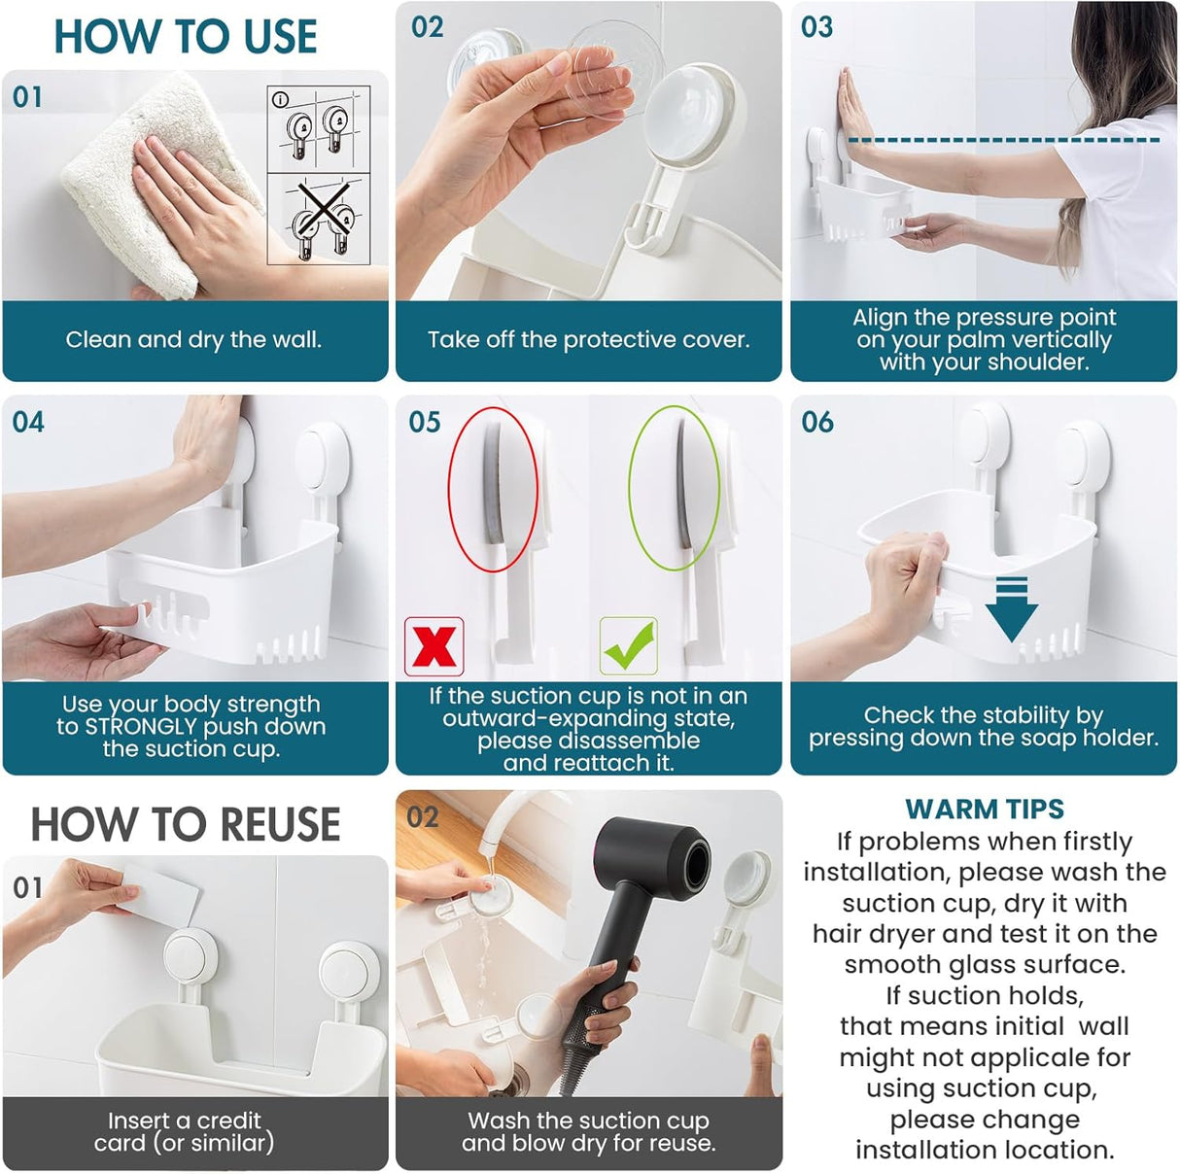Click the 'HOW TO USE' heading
pyautogui.click(x=185, y=37)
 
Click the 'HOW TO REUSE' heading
pyautogui.click(x=185, y=824)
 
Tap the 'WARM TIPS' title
pyautogui.click(x=984, y=809)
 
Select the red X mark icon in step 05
pyautogui.click(x=434, y=646)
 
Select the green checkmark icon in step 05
pyautogui.click(x=629, y=646)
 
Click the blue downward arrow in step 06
pyautogui.click(x=1011, y=608)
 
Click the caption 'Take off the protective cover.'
pyautogui.click(x=588, y=340)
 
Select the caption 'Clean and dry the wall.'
pyautogui.click(x=193, y=340)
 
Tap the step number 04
pyautogui.click(x=28, y=422)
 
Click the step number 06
pyautogui.click(x=816, y=422)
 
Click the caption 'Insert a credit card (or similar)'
pyautogui.click(x=185, y=1131)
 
